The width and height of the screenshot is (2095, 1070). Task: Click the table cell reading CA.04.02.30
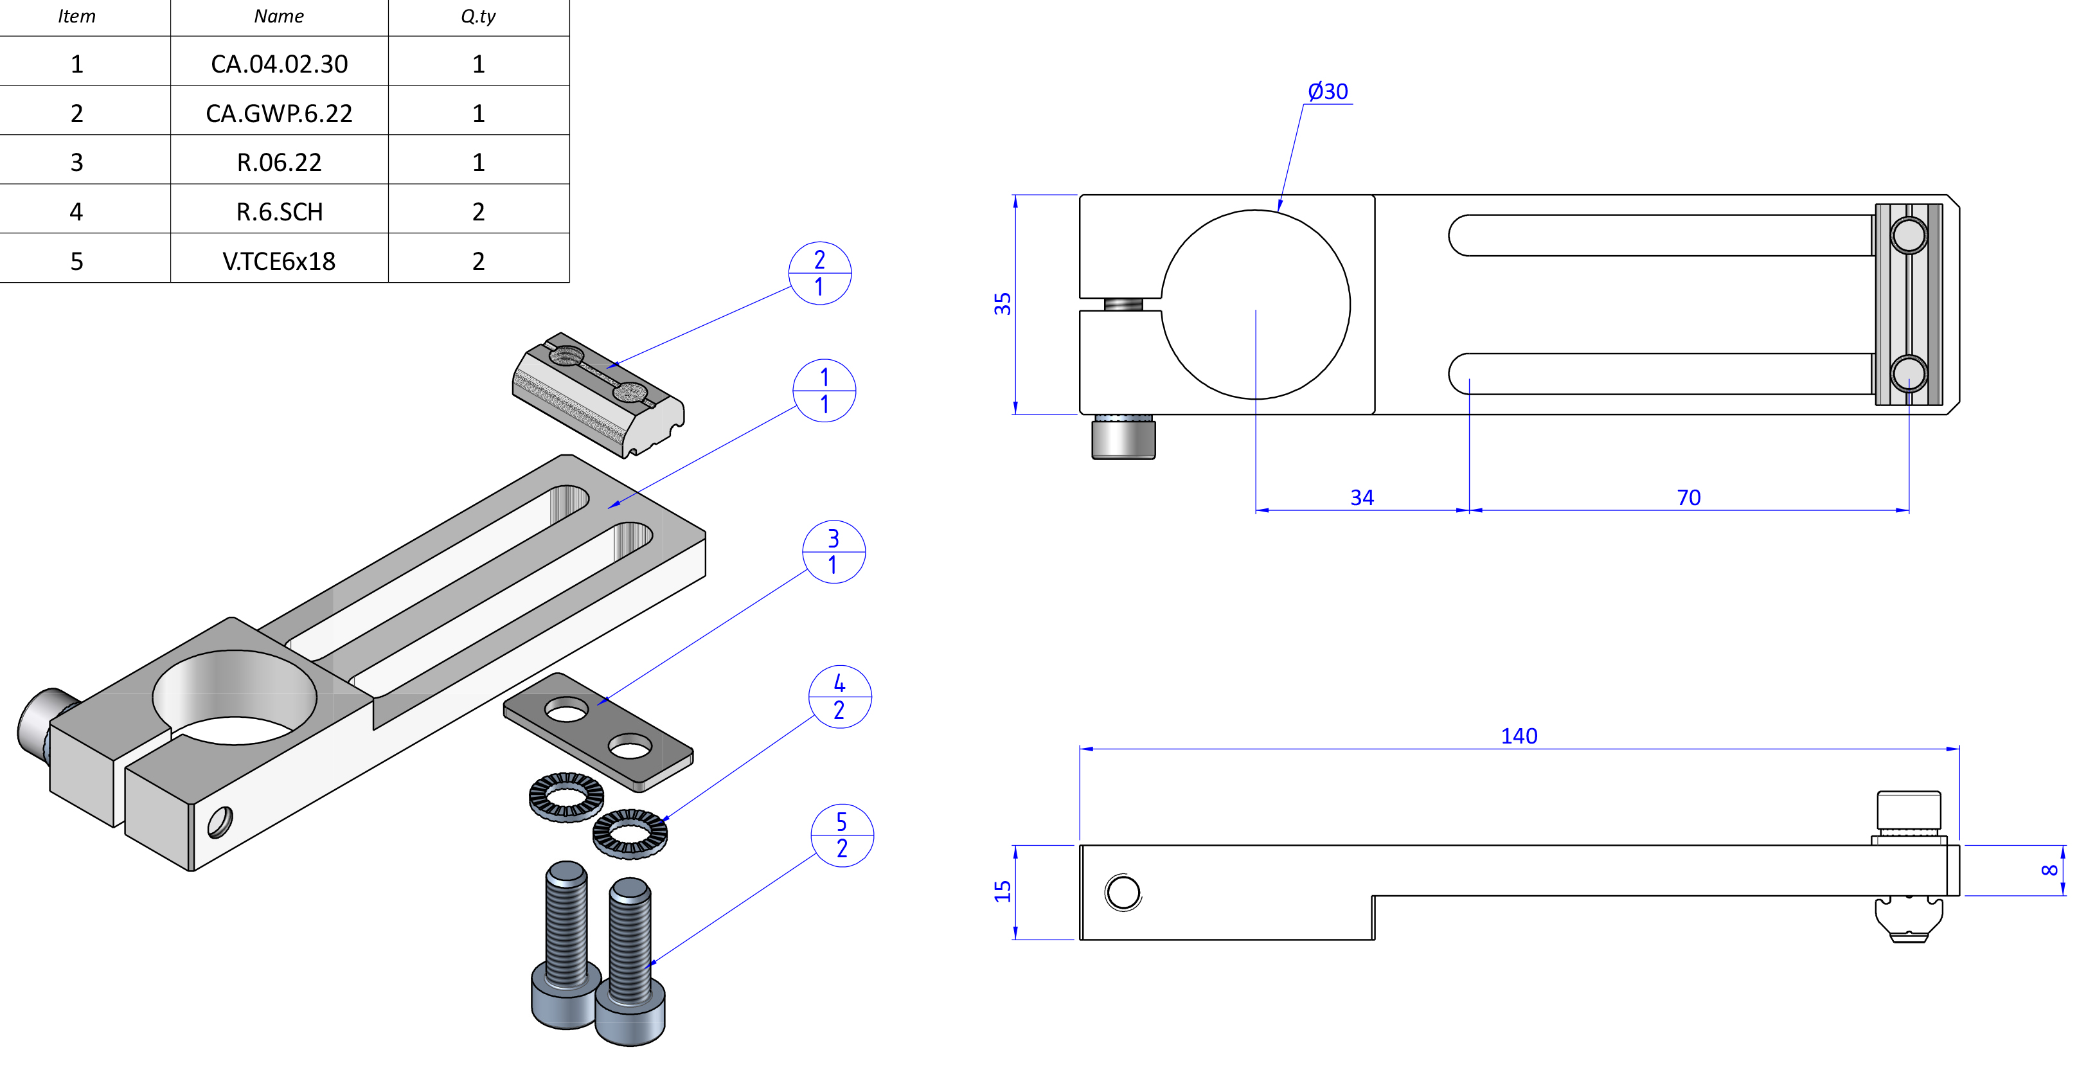point(279,64)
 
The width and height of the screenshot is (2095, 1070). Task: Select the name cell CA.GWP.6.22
point(279,113)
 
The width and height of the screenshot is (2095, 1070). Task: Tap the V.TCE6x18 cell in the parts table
point(279,261)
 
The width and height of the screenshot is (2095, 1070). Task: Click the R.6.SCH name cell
point(279,211)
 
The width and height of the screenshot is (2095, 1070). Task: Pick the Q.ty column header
point(478,16)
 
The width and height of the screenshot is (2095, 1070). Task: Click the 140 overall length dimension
point(1519,736)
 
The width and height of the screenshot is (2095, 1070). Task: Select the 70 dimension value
point(1688,497)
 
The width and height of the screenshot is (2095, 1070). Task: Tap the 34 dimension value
point(1362,497)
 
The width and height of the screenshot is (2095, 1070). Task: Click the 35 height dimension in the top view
point(1003,304)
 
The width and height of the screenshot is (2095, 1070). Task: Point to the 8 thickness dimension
point(2049,870)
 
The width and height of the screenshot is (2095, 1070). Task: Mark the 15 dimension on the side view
point(1003,891)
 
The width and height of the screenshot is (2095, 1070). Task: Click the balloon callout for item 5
point(842,835)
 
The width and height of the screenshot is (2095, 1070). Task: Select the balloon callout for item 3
point(834,551)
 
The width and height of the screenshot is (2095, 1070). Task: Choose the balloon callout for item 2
point(820,273)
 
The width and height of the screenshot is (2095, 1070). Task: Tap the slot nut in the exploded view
point(598,395)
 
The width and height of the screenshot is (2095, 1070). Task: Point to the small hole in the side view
point(1123,893)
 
